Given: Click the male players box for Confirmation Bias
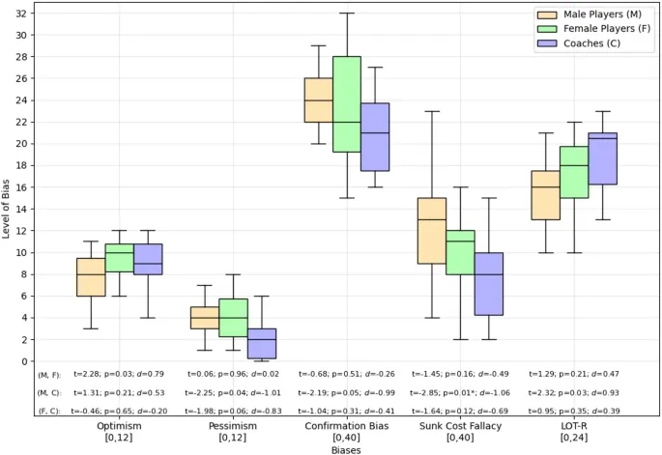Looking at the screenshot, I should tap(318, 100).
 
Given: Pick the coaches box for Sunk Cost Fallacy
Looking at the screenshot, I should tap(488, 284).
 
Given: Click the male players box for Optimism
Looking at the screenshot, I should tap(91, 277).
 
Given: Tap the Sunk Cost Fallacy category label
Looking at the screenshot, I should tap(460, 425).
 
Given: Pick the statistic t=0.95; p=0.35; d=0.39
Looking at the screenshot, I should tap(574, 412).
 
